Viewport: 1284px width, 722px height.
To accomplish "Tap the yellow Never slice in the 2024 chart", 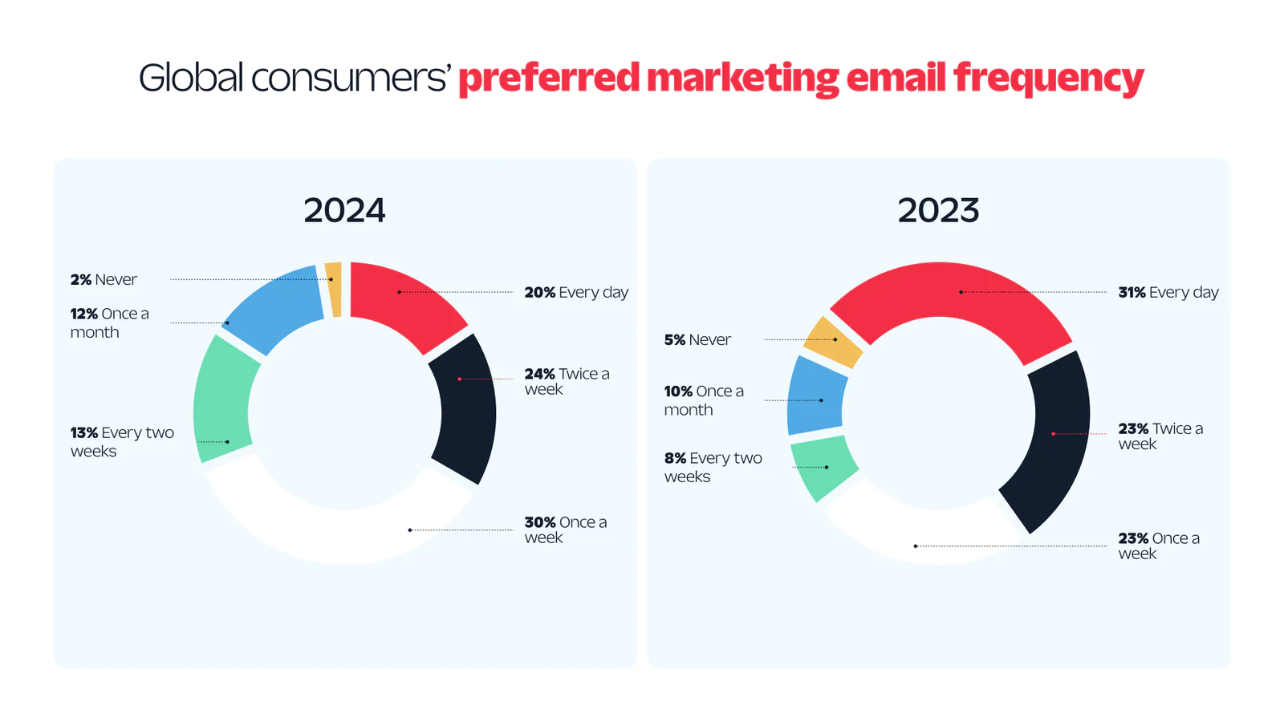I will tap(333, 289).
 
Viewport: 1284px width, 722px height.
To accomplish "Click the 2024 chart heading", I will tap(344, 210).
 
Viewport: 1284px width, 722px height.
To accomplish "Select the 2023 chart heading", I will tap(938, 210).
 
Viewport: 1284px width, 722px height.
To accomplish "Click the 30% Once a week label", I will tap(565, 529).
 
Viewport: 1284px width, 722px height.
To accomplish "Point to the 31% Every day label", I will tap(1168, 292).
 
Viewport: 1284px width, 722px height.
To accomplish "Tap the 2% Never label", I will tap(104, 279).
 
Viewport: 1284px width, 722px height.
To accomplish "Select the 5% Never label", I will tap(697, 339).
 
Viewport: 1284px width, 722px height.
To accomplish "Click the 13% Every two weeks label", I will tap(121, 441).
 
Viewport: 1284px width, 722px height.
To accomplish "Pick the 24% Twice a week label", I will tap(567, 381).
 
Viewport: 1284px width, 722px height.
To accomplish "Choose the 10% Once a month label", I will tap(703, 400).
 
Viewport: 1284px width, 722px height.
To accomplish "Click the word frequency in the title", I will tap(1048, 79).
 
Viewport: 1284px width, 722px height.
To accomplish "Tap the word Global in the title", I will tap(190, 78).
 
